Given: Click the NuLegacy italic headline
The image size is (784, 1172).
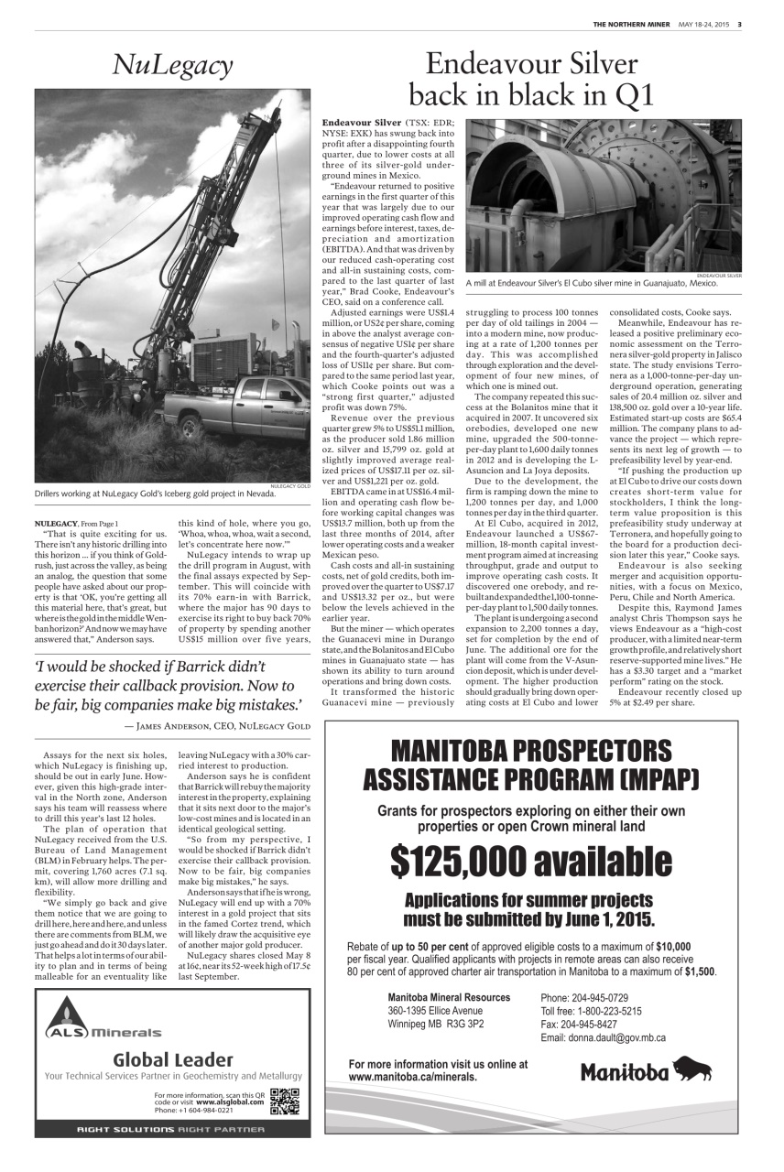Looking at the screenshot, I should pos(172,65).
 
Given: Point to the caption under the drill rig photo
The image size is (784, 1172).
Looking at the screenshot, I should pos(155,494).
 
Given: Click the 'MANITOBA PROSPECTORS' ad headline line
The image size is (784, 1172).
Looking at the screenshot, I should pos(530,752).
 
